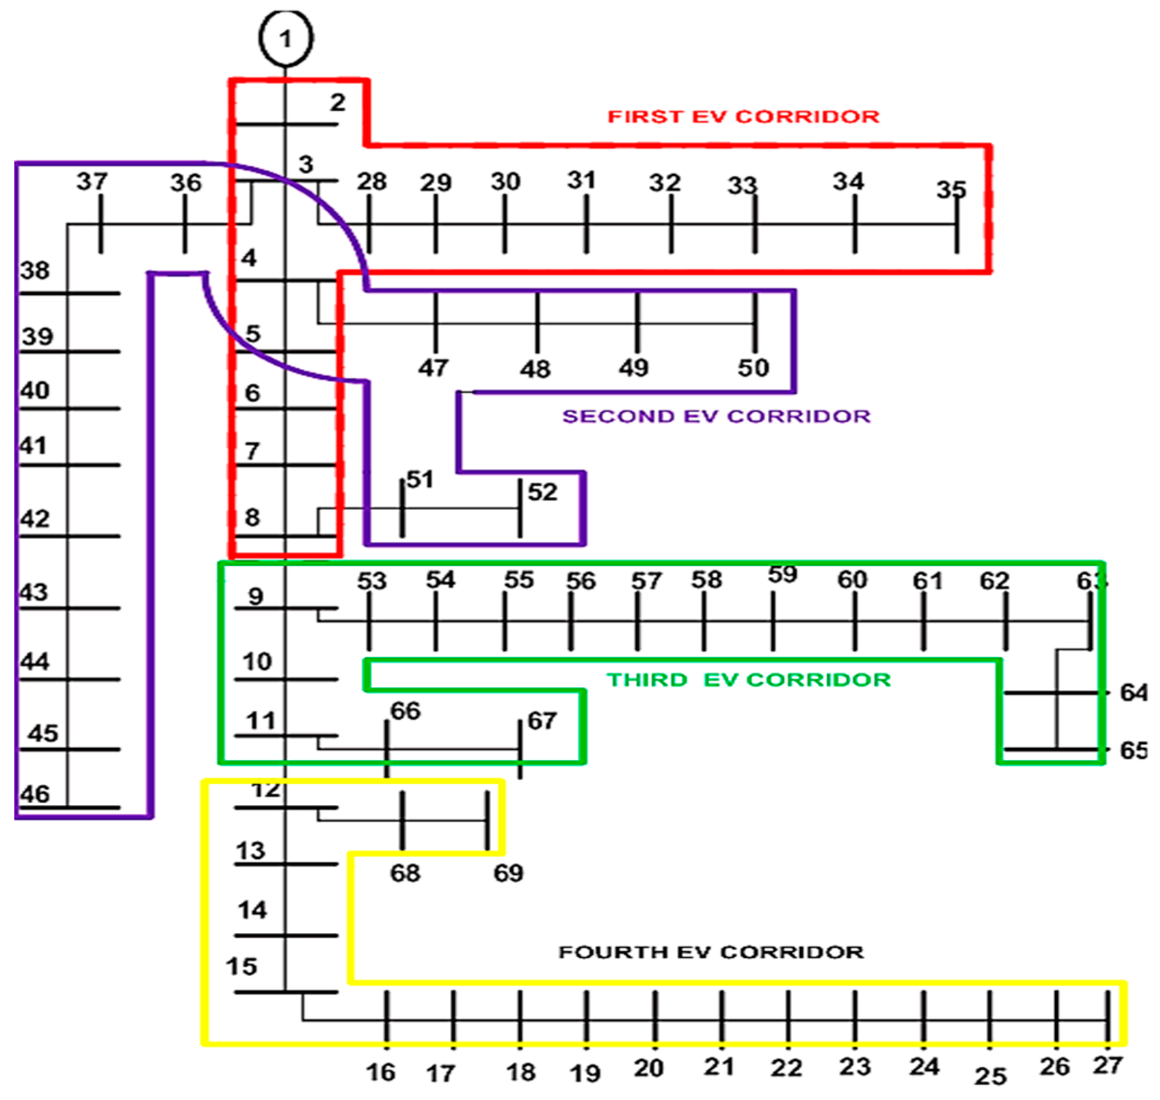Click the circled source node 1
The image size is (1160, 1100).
(x=285, y=39)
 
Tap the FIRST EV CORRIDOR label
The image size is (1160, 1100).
(x=743, y=116)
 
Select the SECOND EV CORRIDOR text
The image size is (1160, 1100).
(x=716, y=416)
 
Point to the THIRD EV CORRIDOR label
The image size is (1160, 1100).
(x=748, y=679)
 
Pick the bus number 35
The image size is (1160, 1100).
(x=950, y=189)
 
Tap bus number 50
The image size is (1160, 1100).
(x=753, y=368)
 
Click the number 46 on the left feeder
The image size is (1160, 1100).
(x=35, y=794)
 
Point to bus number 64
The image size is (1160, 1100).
(x=1133, y=692)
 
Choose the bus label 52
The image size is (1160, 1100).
(x=543, y=492)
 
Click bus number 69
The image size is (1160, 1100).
(x=508, y=873)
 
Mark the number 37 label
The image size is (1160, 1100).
(x=92, y=181)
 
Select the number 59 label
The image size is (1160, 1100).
(x=783, y=574)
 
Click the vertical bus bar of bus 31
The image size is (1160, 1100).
(x=586, y=224)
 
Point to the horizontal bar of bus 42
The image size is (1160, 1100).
(x=70, y=536)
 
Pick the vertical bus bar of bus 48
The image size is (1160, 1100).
(x=537, y=322)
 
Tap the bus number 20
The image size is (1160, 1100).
(x=649, y=1068)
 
